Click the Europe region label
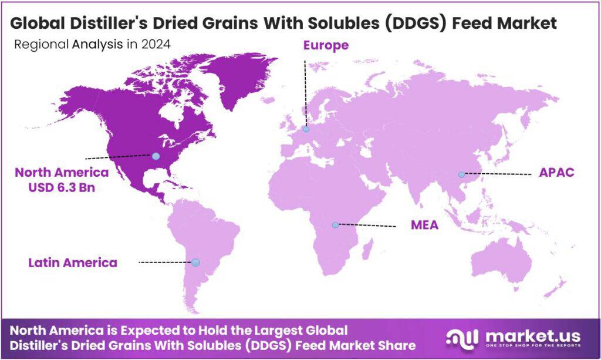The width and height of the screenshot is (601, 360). click(x=326, y=45)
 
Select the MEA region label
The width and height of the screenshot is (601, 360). click(x=424, y=225)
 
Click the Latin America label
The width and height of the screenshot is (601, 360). click(x=73, y=262)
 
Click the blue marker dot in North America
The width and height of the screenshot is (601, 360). click(x=156, y=156)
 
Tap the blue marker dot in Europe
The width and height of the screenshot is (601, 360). click(x=306, y=129)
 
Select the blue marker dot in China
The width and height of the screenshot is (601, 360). click(x=461, y=174)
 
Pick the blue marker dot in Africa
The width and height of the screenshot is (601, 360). click(x=335, y=225)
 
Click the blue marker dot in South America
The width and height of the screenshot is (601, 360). click(x=195, y=262)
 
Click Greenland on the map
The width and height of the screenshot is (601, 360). click(x=235, y=76)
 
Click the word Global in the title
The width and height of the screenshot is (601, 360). click(x=38, y=23)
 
